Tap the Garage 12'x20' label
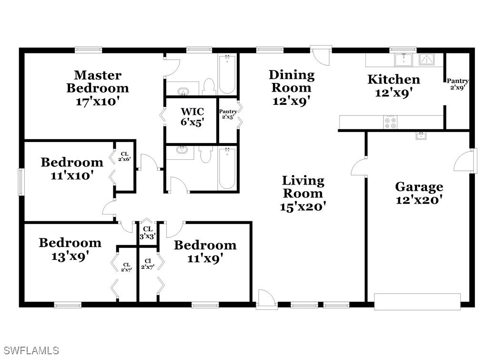[419, 193]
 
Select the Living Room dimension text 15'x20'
[303, 206]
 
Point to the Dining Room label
[292, 88]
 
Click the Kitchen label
[394, 86]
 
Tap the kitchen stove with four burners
[390, 123]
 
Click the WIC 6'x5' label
[192, 117]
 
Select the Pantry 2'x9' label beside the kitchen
[457, 84]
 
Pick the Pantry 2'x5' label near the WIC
[228, 114]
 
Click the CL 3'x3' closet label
[147, 233]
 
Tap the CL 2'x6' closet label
[124, 157]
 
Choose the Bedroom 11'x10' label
[72, 169]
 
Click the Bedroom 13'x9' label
[70, 249]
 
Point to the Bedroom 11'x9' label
[205, 252]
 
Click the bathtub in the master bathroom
[227, 74]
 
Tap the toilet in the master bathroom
[209, 87]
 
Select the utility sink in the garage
[421, 136]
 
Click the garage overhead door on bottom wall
[417, 301]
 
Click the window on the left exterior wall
[21, 181]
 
